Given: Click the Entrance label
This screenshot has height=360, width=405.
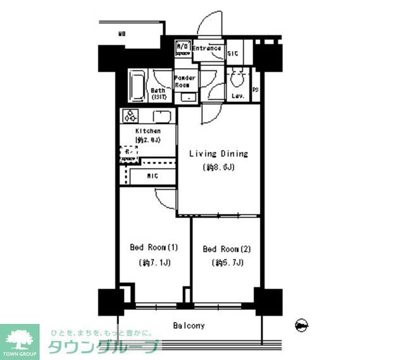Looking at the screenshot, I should [207, 49].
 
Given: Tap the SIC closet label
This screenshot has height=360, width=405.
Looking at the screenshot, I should [232, 54].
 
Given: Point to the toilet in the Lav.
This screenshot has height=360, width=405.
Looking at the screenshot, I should [238, 80].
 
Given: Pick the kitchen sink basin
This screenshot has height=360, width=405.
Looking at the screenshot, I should [162, 118].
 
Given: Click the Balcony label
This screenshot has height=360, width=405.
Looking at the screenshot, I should [189, 326].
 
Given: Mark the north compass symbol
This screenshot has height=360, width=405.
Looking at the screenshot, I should [302, 326].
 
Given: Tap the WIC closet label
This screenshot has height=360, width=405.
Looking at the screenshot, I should [152, 177].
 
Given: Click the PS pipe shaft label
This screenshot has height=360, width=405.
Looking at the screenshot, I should [256, 90].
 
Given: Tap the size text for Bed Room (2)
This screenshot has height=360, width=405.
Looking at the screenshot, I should [224, 262].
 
